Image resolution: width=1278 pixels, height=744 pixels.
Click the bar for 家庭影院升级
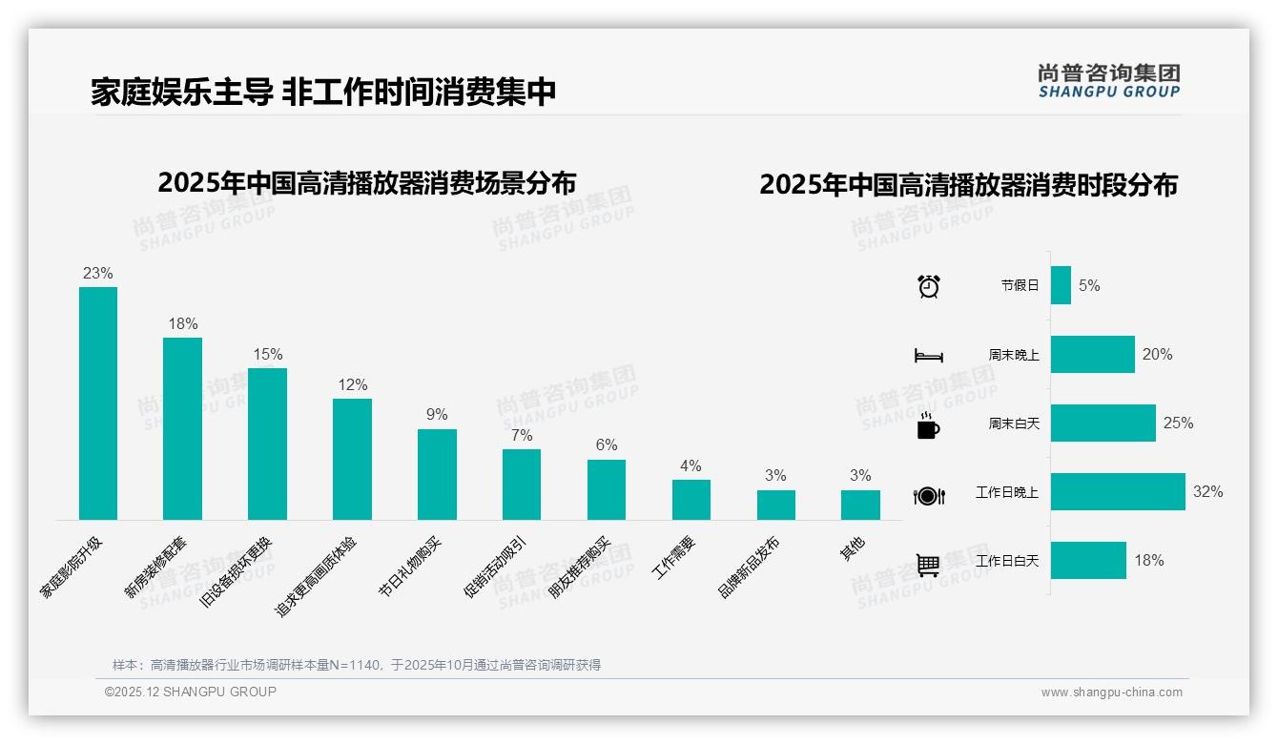pyautogui.click(x=97, y=403)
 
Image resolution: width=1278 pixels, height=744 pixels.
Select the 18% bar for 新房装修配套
pyautogui.click(x=182, y=428)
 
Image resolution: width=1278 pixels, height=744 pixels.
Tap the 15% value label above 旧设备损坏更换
pyautogui.click(x=268, y=354)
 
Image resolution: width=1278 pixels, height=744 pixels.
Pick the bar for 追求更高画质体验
pyautogui.click(x=352, y=459)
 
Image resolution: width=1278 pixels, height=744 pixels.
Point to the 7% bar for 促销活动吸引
pyautogui.click(x=522, y=485)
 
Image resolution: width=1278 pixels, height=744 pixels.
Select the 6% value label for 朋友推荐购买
pyautogui.click(x=607, y=444)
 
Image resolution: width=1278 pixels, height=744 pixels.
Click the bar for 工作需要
pyautogui.click(x=691, y=500)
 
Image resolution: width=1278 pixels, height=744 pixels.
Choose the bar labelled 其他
pyautogui.click(x=860, y=506)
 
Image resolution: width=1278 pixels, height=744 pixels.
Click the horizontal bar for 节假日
pyautogui.click(x=1061, y=285)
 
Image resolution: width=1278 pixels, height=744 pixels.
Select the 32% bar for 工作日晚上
pyautogui.click(x=1118, y=492)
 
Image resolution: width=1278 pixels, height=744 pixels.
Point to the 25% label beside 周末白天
pyautogui.click(x=1178, y=423)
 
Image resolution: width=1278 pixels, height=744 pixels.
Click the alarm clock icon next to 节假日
pyautogui.click(x=929, y=286)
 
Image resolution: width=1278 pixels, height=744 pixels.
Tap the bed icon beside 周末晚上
pyautogui.click(x=929, y=356)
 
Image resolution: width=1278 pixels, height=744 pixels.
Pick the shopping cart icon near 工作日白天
pyautogui.click(x=928, y=565)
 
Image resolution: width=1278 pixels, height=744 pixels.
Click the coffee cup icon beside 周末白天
pyautogui.click(x=928, y=425)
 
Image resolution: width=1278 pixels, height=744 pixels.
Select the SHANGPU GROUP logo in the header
pyautogui.click(x=1109, y=81)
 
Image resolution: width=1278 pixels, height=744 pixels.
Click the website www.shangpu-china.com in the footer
pyautogui.click(x=1111, y=692)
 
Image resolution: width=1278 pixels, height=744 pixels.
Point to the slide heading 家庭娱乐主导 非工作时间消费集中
pyautogui.click(x=323, y=93)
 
